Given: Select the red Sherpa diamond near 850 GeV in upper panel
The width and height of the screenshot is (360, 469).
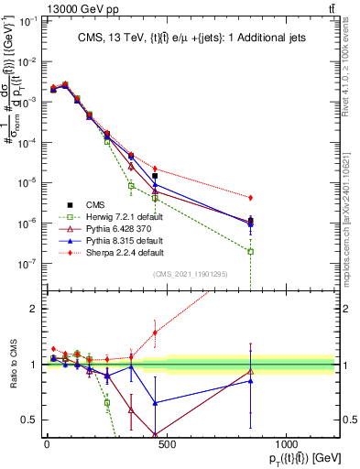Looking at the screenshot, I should point(250,198).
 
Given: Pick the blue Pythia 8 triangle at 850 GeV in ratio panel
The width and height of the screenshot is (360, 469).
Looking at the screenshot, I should point(250,381).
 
